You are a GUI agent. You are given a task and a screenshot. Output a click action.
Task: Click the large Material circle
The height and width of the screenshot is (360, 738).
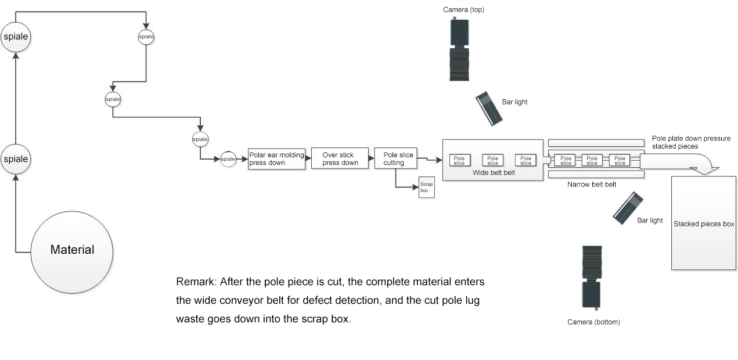pyautogui.click(x=72, y=253)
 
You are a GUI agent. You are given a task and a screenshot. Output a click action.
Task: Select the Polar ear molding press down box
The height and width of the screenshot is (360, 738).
pyautogui.click(x=277, y=159)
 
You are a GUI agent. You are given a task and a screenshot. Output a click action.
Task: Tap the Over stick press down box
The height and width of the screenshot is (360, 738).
pyautogui.click(x=340, y=159)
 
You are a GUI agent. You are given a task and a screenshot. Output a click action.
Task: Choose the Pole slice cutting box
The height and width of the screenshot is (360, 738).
pyautogui.click(x=395, y=159)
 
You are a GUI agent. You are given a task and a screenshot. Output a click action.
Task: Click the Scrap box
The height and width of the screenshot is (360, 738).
pyautogui.click(x=427, y=188)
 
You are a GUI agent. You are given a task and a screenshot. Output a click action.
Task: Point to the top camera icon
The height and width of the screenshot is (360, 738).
pyautogui.click(x=459, y=49)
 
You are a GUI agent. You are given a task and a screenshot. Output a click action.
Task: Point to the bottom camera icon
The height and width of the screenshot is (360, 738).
pyautogui.click(x=592, y=278)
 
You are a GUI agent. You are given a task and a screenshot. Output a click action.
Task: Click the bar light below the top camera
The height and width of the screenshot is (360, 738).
pyautogui.click(x=489, y=109)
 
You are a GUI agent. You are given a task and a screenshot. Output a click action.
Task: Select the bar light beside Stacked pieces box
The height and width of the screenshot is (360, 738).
pyautogui.click(x=628, y=208)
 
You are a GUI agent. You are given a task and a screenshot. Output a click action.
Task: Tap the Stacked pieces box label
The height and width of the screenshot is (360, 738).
pyautogui.click(x=704, y=224)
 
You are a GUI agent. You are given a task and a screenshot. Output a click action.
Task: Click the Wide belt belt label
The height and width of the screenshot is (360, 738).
pyautogui.click(x=494, y=172)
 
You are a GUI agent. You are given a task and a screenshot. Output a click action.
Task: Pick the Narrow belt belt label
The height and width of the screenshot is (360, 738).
pyautogui.click(x=592, y=185)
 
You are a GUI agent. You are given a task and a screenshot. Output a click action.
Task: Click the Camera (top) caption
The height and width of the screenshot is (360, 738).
pyautogui.click(x=463, y=10)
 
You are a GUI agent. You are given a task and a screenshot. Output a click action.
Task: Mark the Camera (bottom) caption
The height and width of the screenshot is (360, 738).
pyautogui.click(x=593, y=322)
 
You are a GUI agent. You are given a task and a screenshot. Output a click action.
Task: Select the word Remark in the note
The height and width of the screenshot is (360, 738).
pyautogui.click(x=196, y=282)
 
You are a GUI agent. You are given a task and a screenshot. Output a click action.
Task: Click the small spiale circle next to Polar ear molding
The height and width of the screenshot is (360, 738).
pyautogui.click(x=228, y=159)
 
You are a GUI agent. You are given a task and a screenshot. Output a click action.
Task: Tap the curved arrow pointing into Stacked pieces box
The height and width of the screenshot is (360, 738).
pyautogui.click(x=682, y=164)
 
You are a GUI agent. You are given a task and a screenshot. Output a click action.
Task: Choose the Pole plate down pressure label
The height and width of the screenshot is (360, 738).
pyautogui.click(x=691, y=138)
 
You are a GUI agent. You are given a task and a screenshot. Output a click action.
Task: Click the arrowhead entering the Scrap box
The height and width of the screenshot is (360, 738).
pyautogui.click(x=416, y=187)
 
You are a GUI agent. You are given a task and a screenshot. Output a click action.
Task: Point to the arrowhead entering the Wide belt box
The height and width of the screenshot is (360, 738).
pyautogui.click(x=439, y=160)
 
